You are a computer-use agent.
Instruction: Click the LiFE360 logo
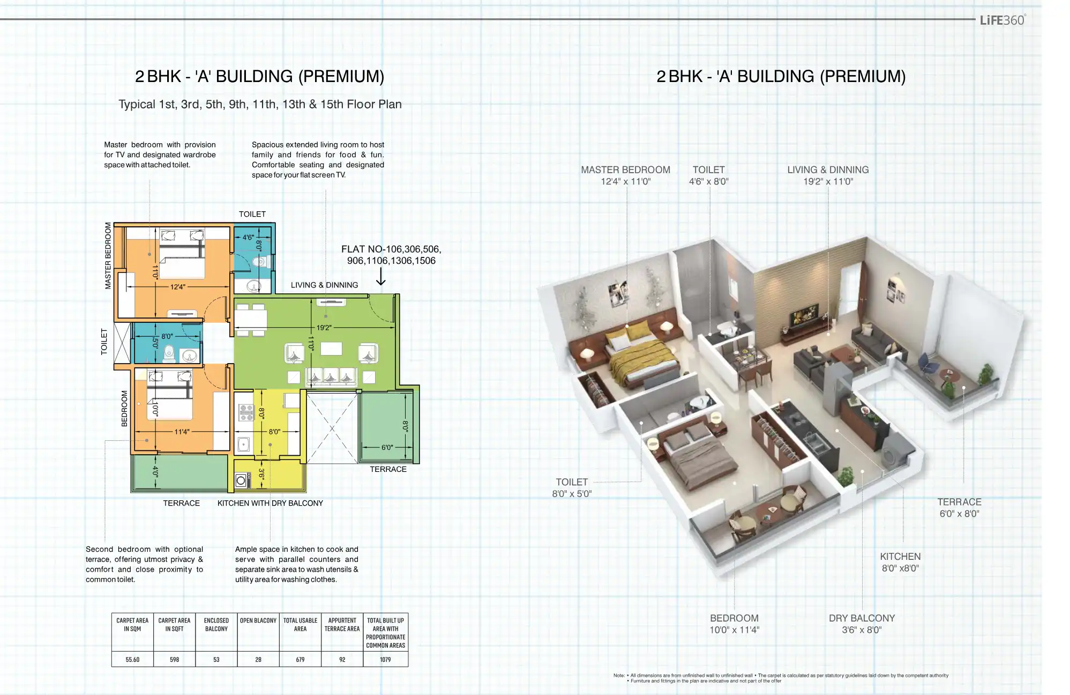(1002, 20)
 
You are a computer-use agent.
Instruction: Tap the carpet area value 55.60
(132, 660)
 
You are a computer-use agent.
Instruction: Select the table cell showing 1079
(385, 660)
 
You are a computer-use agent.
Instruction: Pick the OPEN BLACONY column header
(258, 620)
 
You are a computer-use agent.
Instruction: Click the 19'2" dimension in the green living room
(324, 328)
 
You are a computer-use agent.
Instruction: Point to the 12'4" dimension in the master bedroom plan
(178, 287)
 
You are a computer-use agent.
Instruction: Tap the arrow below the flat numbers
(381, 276)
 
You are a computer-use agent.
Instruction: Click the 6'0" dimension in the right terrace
(387, 447)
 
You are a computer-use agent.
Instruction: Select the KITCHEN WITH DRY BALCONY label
(270, 503)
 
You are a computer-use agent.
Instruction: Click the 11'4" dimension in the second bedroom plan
(182, 432)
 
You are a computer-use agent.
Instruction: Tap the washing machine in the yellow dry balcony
(242, 480)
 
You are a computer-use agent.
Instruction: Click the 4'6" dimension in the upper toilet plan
(248, 237)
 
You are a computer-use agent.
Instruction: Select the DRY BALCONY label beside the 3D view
(862, 618)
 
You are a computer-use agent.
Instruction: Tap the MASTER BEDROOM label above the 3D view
(625, 170)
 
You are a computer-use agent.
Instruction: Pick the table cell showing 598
(174, 660)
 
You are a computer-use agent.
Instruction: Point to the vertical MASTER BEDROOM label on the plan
(108, 256)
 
